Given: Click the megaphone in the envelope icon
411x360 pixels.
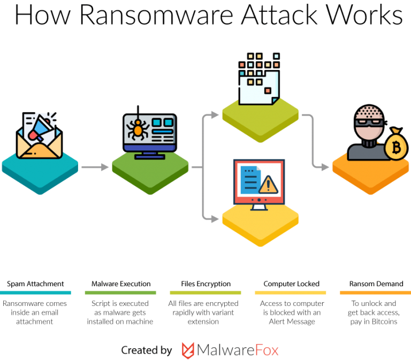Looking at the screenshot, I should (x=39, y=130).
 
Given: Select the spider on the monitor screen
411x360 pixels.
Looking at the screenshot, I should (x=138, y=128).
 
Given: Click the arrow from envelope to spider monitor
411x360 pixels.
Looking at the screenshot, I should (x=95, y=167).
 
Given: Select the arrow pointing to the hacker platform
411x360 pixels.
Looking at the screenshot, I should (x=319, y=167).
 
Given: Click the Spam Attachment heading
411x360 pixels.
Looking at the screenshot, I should (x=36, y=284).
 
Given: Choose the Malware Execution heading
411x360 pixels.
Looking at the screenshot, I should (x=120, y=284).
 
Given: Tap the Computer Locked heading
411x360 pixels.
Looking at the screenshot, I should (x=291, y=284).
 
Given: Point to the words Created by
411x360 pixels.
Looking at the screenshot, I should (x=146, y=350).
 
